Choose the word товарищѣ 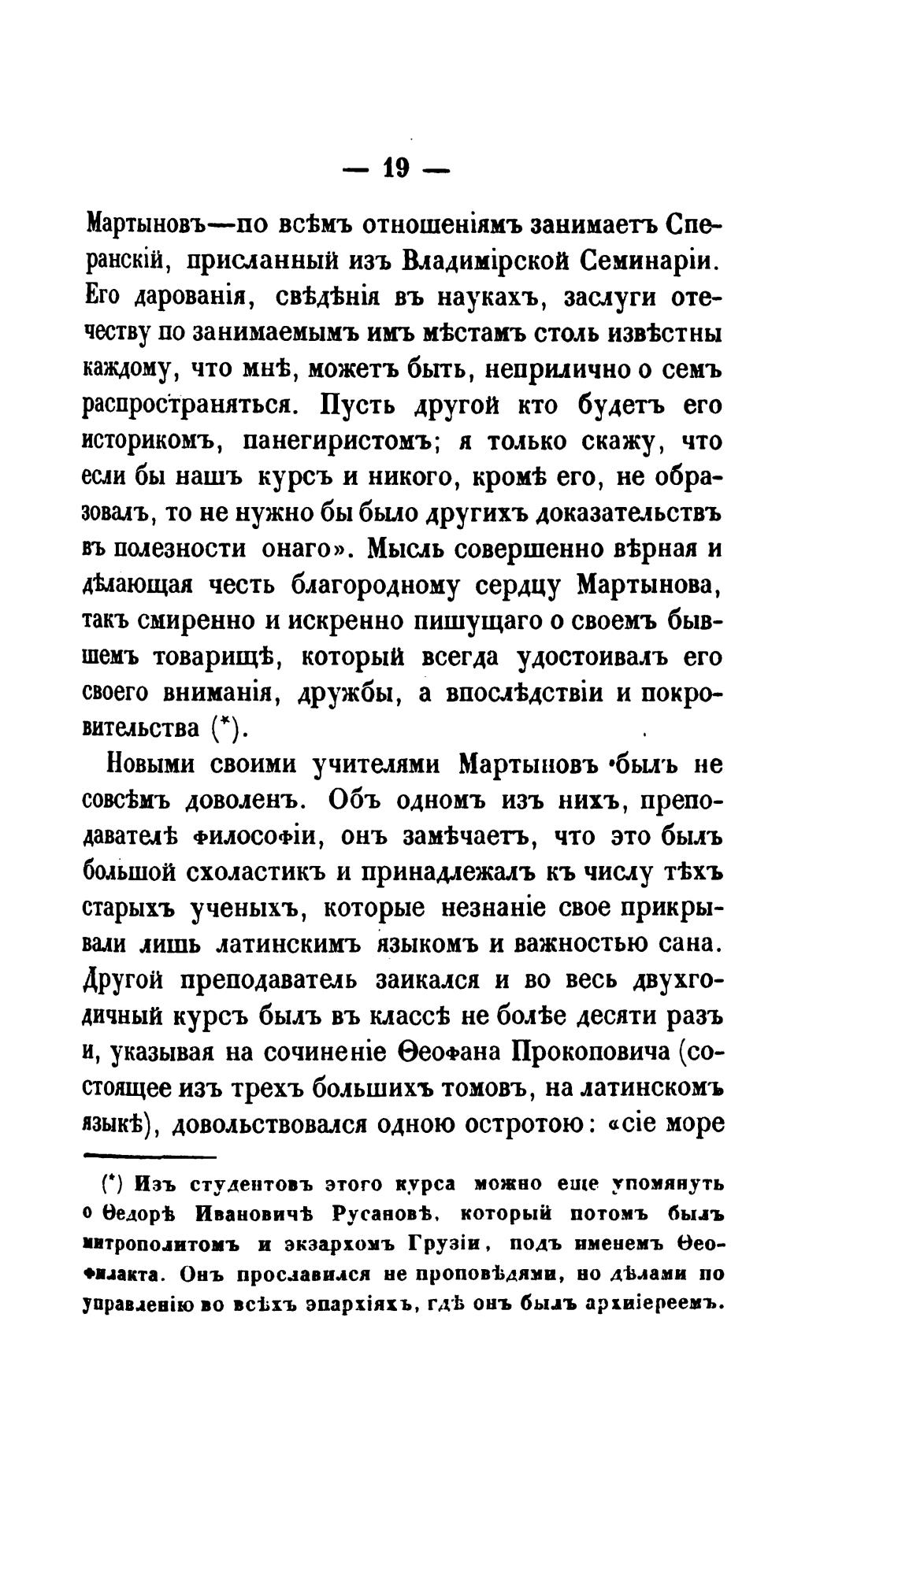click(x=206, y=658)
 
